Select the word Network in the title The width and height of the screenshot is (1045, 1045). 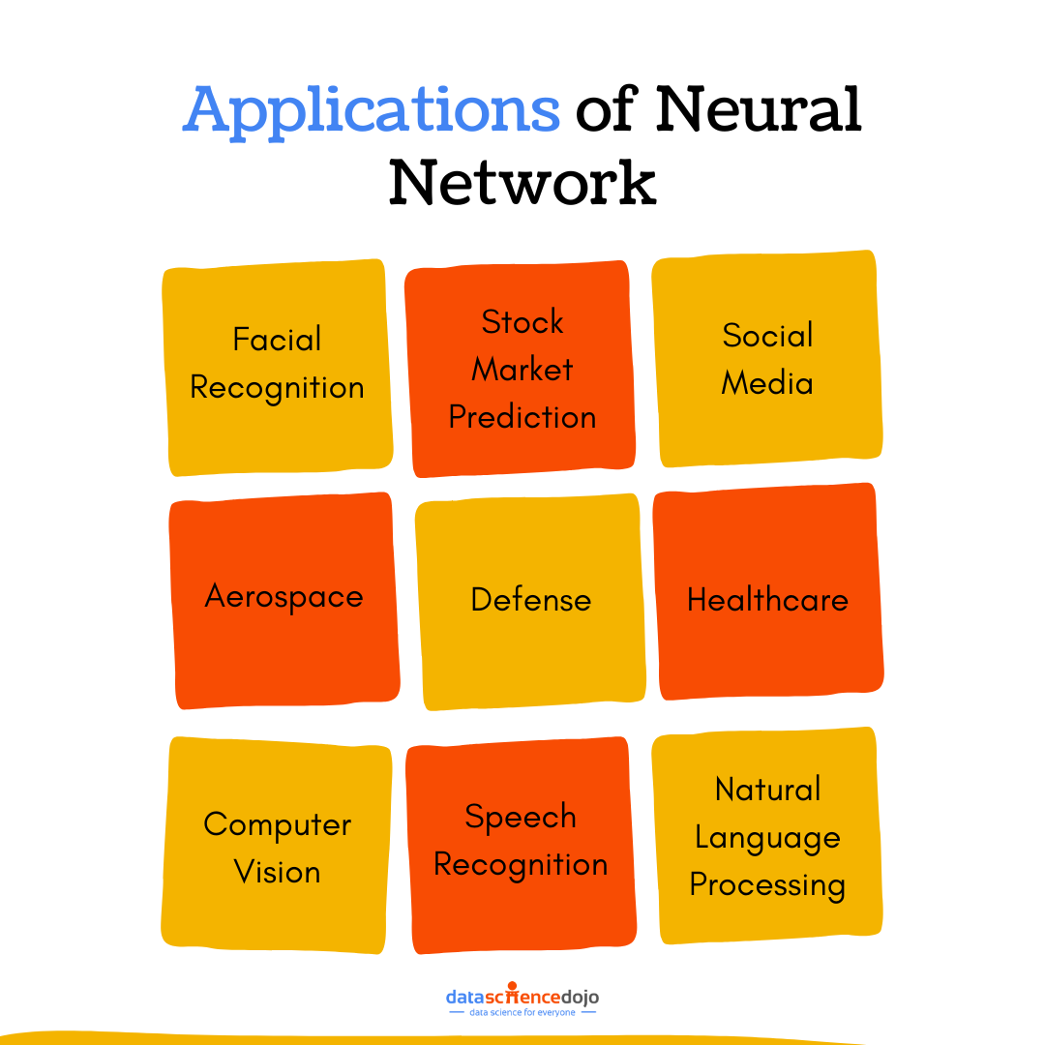pyautogui.click(x=522, y=181)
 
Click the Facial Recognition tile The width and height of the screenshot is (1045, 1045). pyautogui.click(x=277, y=368)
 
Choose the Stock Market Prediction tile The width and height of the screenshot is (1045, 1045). pyautogui.click(x=522, y=369)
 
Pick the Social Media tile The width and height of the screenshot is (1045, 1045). pyautogui.click(x=767, y=359)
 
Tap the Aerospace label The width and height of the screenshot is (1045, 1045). pyautogui.click(x=284, y=596)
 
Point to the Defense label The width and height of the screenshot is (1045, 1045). pyautogui.click(x=530, y=600)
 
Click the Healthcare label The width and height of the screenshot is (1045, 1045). pyautogui.click(x=767, y=600)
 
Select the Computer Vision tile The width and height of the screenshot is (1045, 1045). pyautogui.click(x=277, y=847)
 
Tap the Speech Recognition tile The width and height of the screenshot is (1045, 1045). pyautogui.click(x=521, y=842)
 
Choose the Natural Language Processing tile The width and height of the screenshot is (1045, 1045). pyautogui.click(x=768, y=837)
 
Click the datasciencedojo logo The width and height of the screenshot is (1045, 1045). pyautogui.click(x=522, y=997)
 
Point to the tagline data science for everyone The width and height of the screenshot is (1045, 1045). pyautogui.click(x=522, y=1012)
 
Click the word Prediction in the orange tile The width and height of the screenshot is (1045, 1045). pyautogui.click(x=522, y=417)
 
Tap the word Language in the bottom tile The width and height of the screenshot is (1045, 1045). pyautogui.click(x=768, y=838)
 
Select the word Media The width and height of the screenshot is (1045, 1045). pyautogui.click(x=767, y=383)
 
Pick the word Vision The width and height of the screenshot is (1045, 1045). pyautogui.click(x=277, y=872)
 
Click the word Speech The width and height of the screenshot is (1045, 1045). pyautogui.click(x=521, y=818)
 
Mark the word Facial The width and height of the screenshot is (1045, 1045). pyautogui.click(x=277, y=340)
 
